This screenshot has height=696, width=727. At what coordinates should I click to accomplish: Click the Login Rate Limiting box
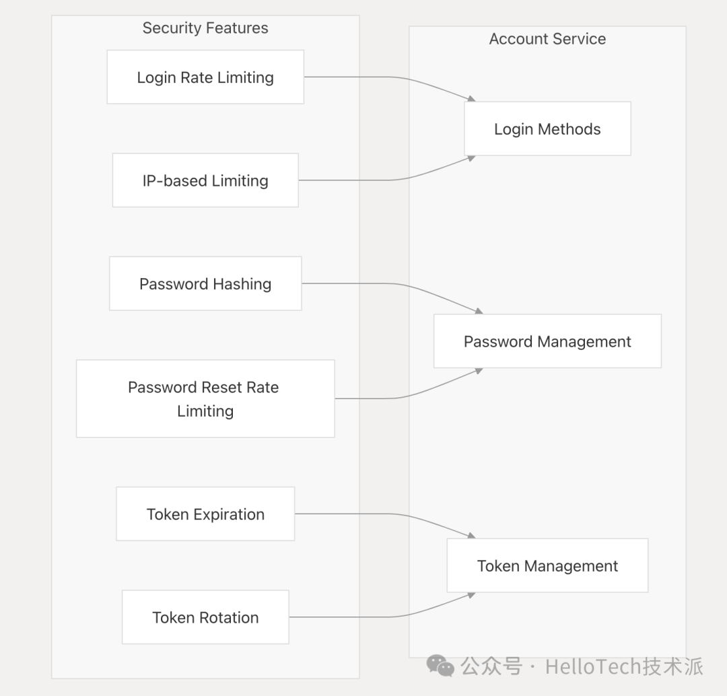click(205, 77)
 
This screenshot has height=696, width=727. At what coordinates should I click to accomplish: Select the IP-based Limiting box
click(205, 180)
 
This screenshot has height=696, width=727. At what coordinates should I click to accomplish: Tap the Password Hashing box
click(205, 283)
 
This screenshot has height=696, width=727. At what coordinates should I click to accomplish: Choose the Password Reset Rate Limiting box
click(205, 398)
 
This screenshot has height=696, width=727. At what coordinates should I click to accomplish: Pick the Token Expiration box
click(205, 514)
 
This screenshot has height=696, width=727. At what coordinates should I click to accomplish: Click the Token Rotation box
click(205, 617)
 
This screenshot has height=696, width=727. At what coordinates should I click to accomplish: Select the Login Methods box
click(547, 129)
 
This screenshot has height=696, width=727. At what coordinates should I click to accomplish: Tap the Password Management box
click(547, 341)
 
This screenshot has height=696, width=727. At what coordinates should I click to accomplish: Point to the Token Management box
click(547, 565)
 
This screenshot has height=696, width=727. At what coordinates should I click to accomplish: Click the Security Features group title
click(205, 28)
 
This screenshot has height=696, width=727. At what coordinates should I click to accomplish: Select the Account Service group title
click(547, 38)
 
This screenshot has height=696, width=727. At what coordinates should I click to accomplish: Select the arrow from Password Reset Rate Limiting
click(396, 398)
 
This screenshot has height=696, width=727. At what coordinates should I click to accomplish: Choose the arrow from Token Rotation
click(392, 617)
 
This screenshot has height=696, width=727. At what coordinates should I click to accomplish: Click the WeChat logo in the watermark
click(440, 666)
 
